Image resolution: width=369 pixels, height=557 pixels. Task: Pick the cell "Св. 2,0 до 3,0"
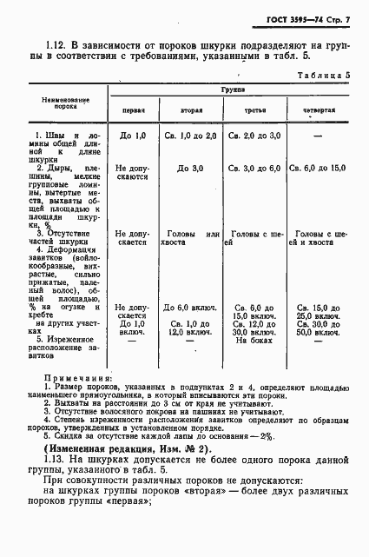254,136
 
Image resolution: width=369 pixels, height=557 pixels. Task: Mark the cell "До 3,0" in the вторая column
190,168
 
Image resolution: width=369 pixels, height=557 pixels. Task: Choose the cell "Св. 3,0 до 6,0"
254,168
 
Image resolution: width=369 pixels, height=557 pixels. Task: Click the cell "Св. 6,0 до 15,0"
317,168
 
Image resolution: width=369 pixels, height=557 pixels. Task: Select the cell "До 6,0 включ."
188,308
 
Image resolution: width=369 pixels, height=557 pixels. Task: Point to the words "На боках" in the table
254,341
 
